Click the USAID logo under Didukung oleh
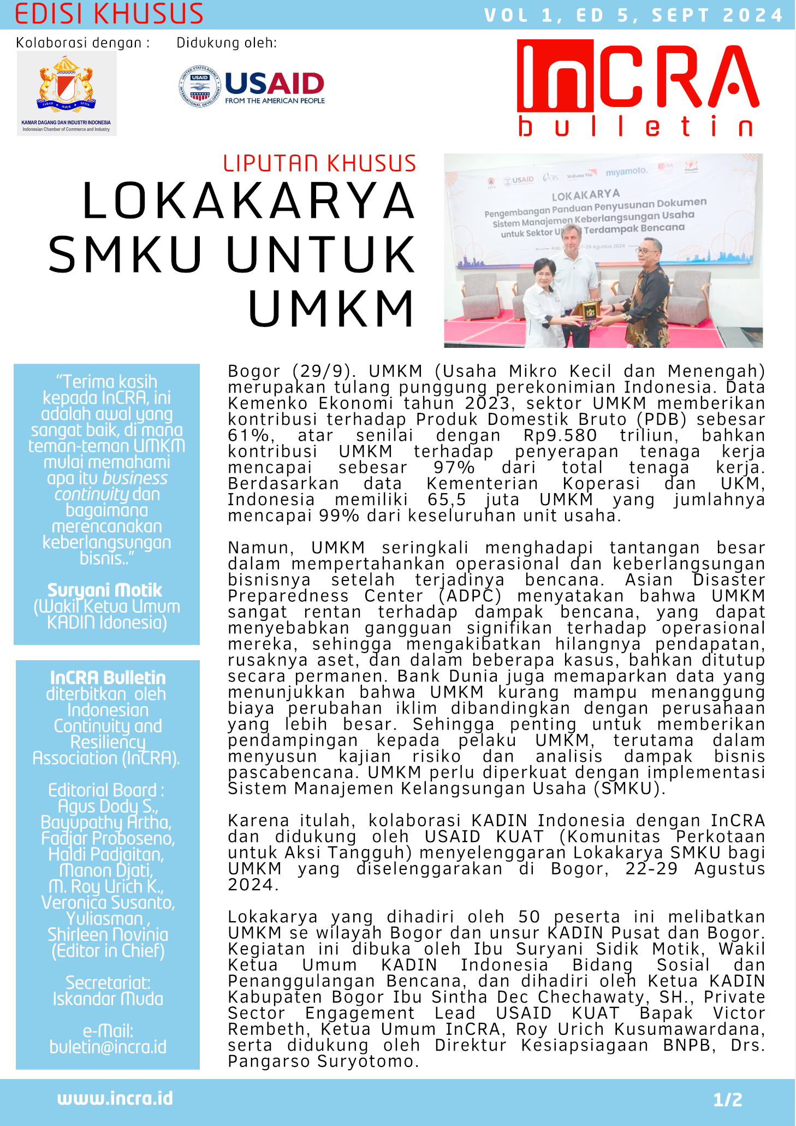[252, 86]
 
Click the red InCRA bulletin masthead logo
[638, 87]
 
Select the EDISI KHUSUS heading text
[109, 14]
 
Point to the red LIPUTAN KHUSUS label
[319, 164]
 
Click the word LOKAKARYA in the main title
[248, 201]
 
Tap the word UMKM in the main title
[331, 309]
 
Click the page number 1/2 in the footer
[728, 1099]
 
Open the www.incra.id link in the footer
[115, 1098]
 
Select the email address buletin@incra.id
[108, 1047]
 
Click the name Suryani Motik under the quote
[105, 590]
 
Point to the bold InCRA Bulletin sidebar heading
[108, 678]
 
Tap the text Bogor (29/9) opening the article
[289, 371]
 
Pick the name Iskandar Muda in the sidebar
[108, 999]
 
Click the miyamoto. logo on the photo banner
[626, 171]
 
